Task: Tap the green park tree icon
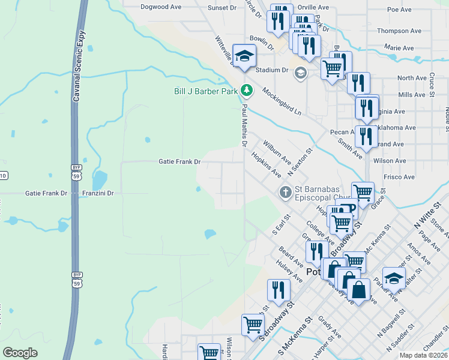246,91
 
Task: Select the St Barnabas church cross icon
286,193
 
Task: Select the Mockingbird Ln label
281,101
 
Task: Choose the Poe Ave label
399,10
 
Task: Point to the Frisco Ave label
401,177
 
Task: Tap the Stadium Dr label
272,70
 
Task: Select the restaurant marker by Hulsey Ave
279,290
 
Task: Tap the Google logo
20,353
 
